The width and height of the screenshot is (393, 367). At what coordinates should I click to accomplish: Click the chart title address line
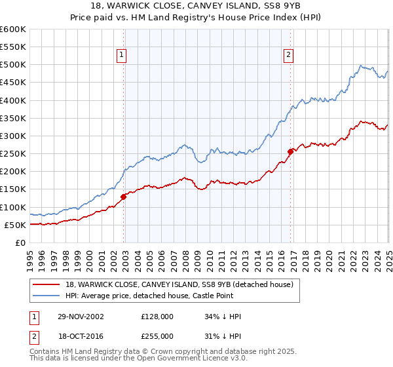[x=196, y=7]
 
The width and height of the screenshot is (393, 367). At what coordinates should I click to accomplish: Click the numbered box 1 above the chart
[x=122, y=56]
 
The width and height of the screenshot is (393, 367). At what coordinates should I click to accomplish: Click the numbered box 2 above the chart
[x=288, y=56]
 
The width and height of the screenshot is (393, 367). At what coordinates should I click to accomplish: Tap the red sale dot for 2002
[x=124, y=196]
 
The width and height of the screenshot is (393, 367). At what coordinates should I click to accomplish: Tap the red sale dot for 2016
[x=290, y=151]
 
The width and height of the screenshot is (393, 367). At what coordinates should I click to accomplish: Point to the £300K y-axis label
[x=13, y=136]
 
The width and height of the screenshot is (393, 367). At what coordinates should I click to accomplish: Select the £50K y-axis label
[x=15, y=225]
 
